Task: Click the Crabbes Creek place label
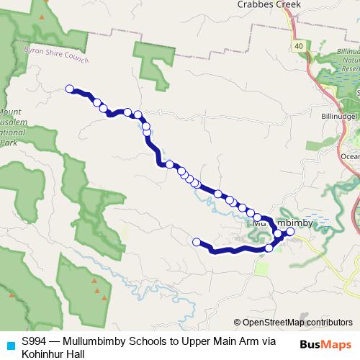268,4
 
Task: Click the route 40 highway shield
297,46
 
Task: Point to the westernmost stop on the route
70,89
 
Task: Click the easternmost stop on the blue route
291,232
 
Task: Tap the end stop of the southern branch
197,241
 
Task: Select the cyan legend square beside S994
10,343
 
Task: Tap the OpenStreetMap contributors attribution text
297,323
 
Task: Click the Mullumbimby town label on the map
282,223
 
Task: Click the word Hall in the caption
75,354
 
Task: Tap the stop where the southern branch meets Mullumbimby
269,248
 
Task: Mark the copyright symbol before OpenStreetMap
238,323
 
